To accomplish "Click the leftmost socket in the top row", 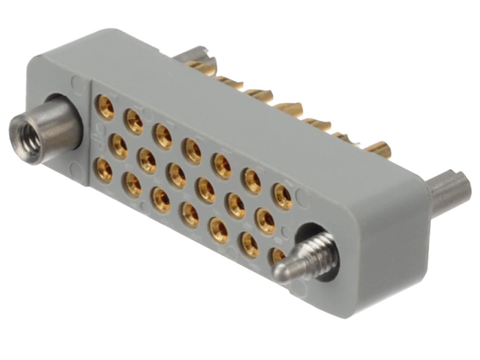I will [x=105, y=107].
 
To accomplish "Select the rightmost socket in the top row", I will [x=283, y=196].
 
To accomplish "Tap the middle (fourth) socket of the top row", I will [x=193, y=150].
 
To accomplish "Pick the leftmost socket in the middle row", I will [x=118, y=146].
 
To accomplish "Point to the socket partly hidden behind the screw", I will [x=277, y=255].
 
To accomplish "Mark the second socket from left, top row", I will [x=134, y=121].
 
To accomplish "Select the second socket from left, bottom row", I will [x=133, y=185].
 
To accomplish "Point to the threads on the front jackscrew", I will [x=319, y=255].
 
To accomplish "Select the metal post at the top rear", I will [x=197, y=54].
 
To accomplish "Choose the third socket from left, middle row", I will [x=177, y=175].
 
